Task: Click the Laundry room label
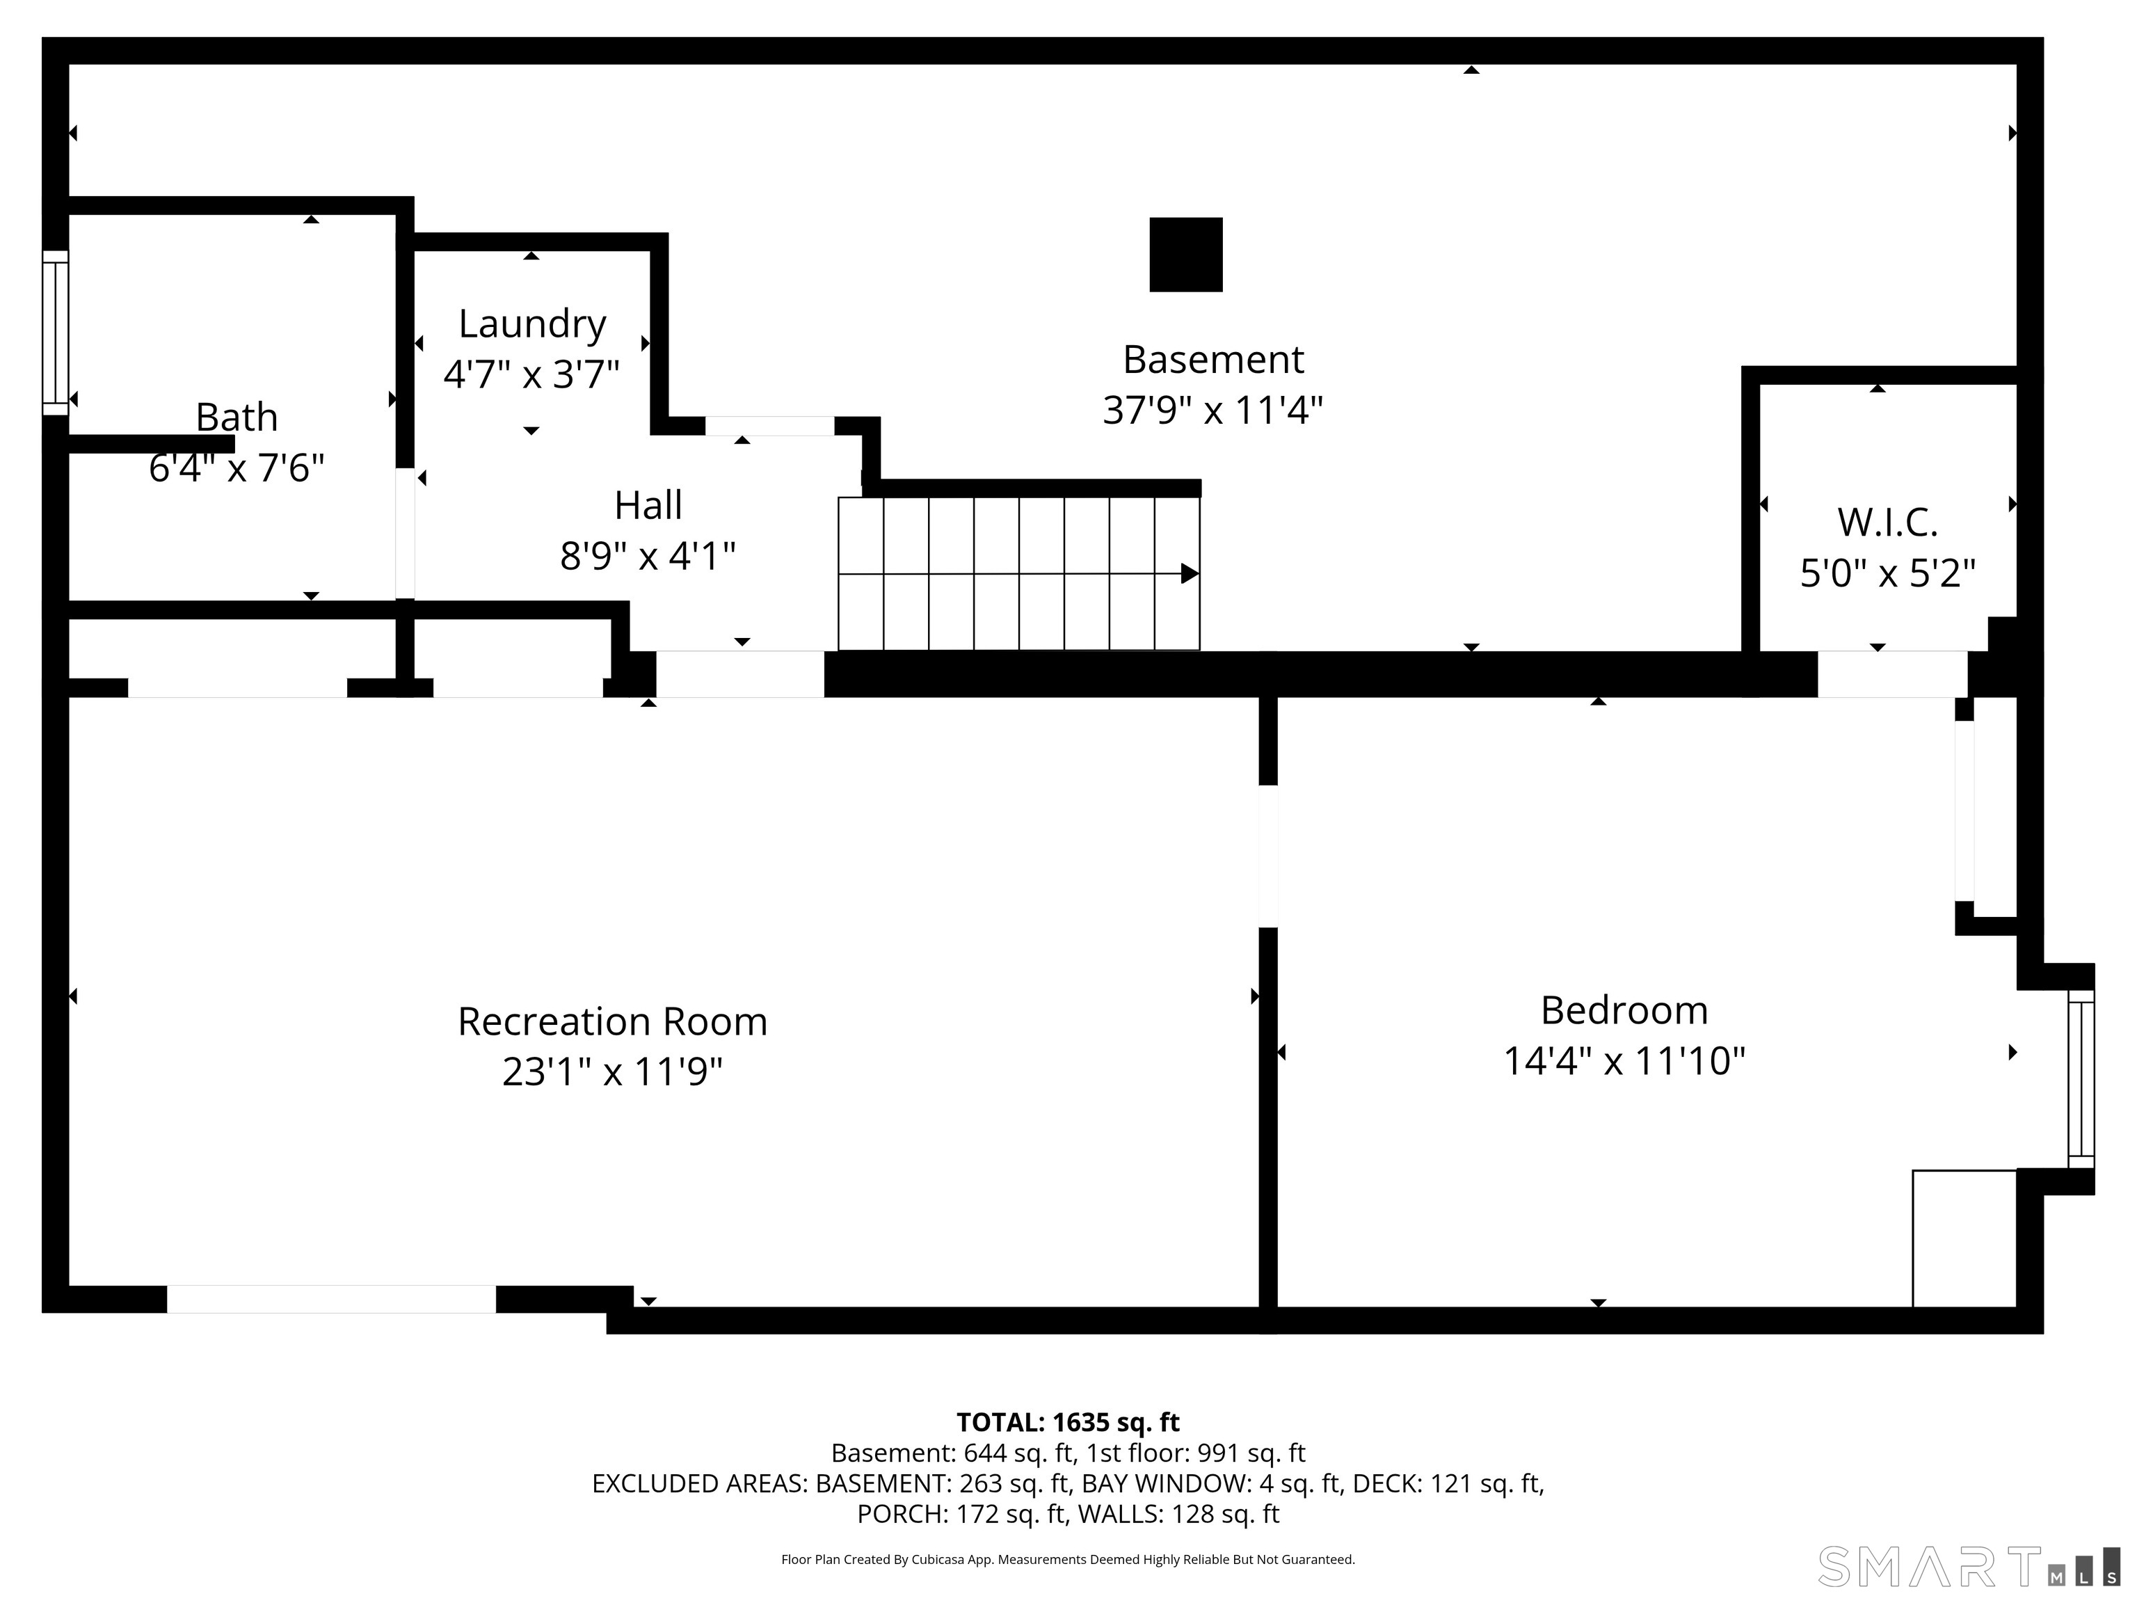[532, 324]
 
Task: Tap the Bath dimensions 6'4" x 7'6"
[237, 469]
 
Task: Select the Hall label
[648, 505]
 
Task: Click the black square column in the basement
[1185, 254]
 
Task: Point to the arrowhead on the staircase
[1190, 574]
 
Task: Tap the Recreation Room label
[612, 1022]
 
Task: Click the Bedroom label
[1624, 1011]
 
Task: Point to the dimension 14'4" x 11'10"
[1624, 1061]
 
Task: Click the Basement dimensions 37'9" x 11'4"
[1212, 410]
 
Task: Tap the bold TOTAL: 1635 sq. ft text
[1068, 1422]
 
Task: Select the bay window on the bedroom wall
[2080, 1079]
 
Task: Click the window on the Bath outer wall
[56, 333]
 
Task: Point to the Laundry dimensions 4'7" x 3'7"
[531, 374]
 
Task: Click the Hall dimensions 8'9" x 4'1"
[648, 557]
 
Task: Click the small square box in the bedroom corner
[1964, 1238]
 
